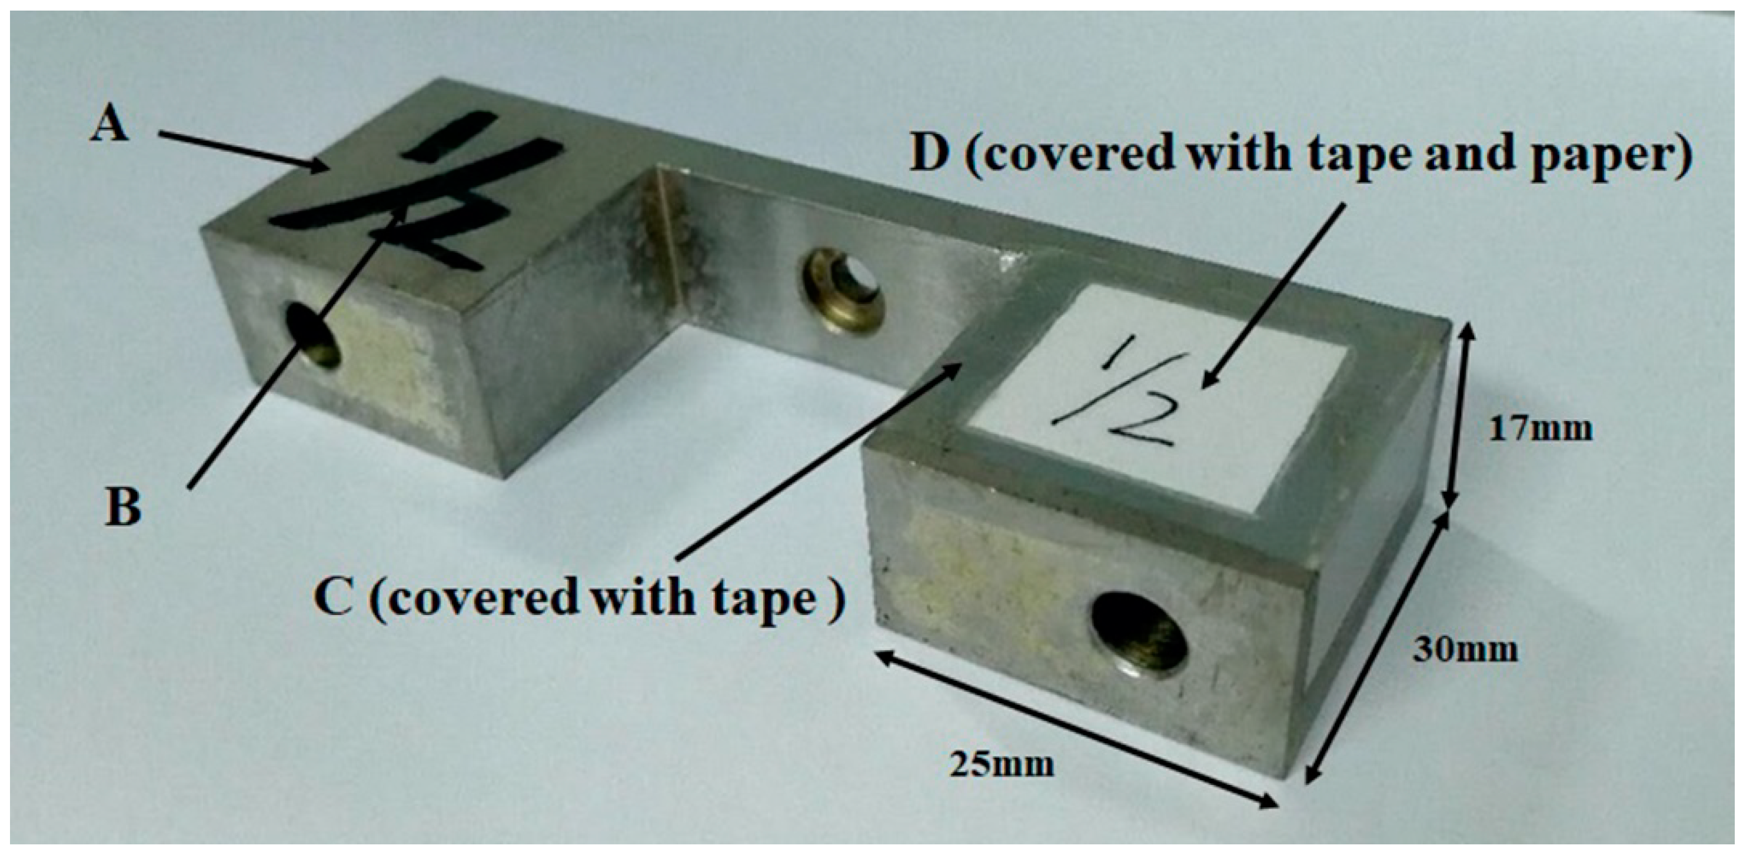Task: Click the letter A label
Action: [x=110, y=125]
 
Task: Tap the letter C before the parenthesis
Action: [x=334, y=599]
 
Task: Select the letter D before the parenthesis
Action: [x=931, y=154]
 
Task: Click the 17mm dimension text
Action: [x=1540, y=429]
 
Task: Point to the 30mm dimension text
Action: [x=1465, y=650]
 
